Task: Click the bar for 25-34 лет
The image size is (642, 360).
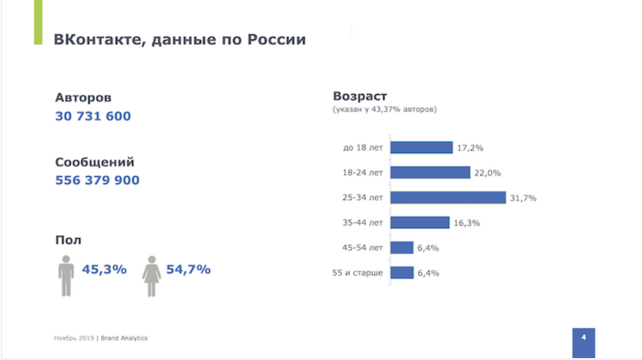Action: [447, 197]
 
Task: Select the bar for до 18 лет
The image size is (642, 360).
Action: [421, 148]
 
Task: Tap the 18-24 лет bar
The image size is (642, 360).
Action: [430, 172]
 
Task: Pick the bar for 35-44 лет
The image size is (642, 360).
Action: [420, 222]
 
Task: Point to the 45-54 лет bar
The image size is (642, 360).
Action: [402, 248]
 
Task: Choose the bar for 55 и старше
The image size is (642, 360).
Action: [402, 273]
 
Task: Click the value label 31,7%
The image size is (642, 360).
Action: [523, 198]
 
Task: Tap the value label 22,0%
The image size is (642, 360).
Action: [488, 173]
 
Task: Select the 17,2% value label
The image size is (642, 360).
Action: [470, 148]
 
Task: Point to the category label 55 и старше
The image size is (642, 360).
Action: [357, 273]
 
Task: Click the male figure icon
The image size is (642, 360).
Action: [66, 275]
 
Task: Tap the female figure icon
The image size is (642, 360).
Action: [151, 275]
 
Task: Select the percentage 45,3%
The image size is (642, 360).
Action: [104, 270]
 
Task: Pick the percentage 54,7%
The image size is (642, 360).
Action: [188, 270]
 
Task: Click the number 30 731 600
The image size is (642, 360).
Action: [93, 117]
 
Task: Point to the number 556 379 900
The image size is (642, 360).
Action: [97, 181]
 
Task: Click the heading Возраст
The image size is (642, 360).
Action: [360, 97]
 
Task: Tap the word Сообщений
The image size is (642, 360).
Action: [95, 163]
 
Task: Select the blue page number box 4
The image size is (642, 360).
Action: [583, 342]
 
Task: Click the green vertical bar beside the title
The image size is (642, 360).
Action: [38, 22]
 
